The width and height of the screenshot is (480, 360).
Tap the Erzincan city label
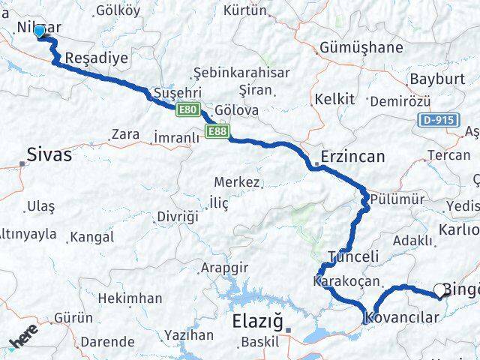tap(352, 157)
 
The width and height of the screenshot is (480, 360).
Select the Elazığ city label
tap(257, 324)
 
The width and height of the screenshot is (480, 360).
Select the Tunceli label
tap(352, 256)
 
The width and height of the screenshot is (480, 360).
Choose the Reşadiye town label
tap(97, 58)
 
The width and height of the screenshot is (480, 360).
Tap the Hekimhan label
tap(130, 298)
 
